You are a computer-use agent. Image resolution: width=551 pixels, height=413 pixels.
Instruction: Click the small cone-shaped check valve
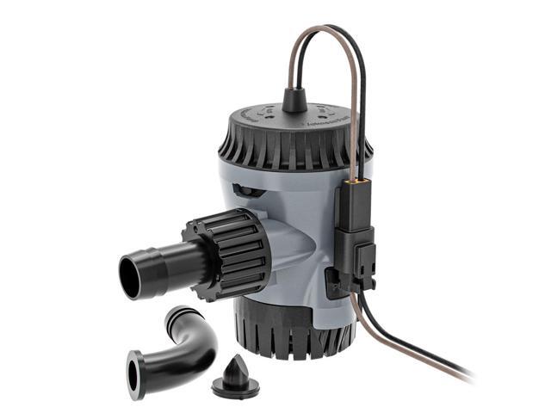pos(234,369)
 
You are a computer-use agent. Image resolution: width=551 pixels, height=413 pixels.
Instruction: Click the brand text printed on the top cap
pos(331,121)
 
